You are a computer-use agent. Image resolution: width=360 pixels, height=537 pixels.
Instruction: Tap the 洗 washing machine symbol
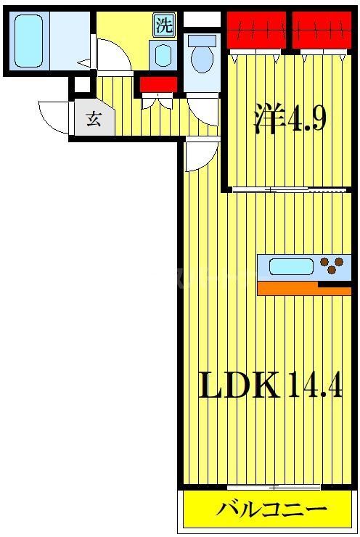(165, 26)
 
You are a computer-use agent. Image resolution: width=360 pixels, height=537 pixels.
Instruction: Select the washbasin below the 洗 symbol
(163, 55)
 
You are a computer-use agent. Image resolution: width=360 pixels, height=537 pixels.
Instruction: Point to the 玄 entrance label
(94, 119)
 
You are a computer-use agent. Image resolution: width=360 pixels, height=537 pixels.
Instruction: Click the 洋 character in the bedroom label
(266, 118)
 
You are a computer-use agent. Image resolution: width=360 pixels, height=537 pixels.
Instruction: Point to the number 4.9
(308, 119)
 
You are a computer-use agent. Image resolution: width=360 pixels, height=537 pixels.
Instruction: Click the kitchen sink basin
(291, 266)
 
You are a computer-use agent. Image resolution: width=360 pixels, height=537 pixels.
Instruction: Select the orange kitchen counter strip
(303, 289)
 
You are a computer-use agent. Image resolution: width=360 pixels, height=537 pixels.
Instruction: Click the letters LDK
(240, 385)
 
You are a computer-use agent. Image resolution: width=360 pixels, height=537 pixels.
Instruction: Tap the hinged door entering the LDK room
(200, 155)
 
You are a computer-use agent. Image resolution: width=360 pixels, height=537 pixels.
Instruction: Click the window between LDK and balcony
(263, 485)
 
